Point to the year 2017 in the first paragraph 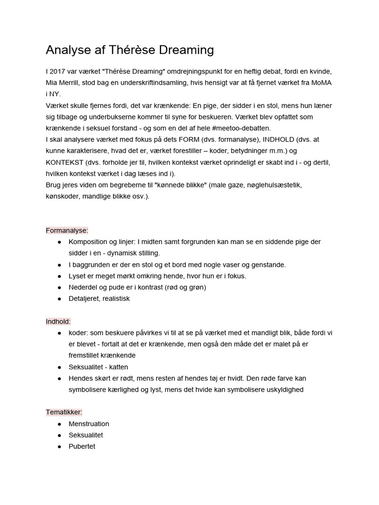point(58,72)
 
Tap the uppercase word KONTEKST point(65,162)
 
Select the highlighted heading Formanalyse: point(67,230)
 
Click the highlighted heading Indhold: point(58,322)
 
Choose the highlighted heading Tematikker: point(64,412)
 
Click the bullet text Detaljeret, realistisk point(99,299)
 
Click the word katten point(117,367)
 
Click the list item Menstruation point(89,424)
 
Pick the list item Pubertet point(82,447)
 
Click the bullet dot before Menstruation point(60,424)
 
